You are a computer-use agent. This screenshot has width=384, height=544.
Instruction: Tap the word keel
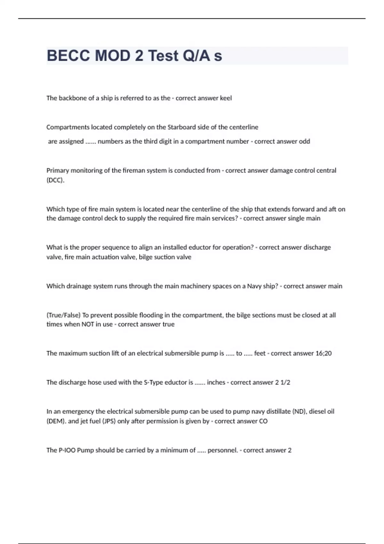[226, 98]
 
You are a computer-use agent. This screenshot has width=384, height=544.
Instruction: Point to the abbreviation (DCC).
[55, 180]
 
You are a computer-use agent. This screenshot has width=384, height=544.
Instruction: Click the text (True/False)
[63, 315]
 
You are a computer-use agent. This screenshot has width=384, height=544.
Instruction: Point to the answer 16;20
[323, 354]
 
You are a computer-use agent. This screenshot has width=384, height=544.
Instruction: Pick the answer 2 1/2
[282, 382]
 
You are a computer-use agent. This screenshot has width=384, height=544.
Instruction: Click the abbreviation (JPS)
[109, 421]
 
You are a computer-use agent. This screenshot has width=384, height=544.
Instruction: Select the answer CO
[263, 421]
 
